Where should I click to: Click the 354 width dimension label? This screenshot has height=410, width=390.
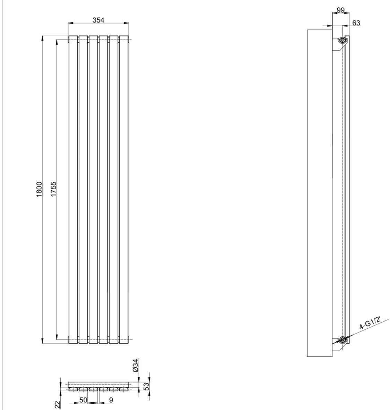(98, 20)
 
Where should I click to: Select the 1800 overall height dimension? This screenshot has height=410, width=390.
(39, 189)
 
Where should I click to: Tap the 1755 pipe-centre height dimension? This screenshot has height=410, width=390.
(53, 189)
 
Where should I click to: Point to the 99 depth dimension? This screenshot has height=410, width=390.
(340, 10)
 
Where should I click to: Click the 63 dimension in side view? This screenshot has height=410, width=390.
(356, 23)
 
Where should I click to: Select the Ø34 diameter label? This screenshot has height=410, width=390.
(135, 365)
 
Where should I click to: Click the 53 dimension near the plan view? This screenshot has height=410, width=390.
(146, 386)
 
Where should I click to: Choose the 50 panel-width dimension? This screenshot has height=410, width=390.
(83, 400)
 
